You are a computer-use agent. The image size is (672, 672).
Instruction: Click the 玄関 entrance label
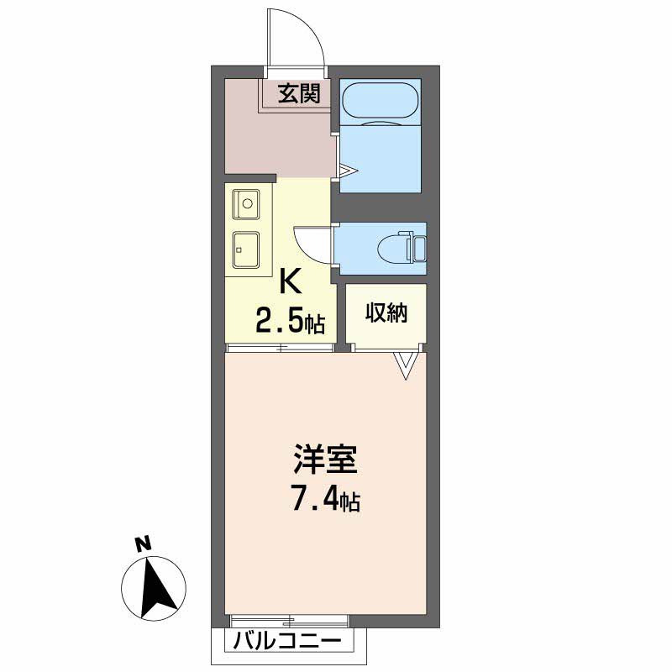[x=299, y=93]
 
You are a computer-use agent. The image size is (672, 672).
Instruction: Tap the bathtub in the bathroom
[x=381, y=102]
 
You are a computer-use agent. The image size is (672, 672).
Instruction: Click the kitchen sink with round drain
[x=246, y=204]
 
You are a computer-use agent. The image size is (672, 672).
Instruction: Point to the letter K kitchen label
[x=290, y=281]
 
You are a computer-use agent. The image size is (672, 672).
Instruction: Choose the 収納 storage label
[x=386, y=312]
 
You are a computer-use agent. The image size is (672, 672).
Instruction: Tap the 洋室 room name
[x=325, y=459]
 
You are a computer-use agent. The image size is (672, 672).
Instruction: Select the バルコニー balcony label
[x=287, y=642]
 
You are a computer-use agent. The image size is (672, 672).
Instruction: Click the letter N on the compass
[x=144, y=543]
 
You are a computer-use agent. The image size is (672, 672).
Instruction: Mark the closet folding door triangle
[x=406, y=365]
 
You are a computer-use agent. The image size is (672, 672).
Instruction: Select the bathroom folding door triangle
[x=348, y=171]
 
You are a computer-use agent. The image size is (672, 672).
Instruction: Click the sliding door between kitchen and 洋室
[x=280, y=348]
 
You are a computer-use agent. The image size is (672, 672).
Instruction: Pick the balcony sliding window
[x=289, y=620]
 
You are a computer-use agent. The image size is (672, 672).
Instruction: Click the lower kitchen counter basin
[x=246, y=249]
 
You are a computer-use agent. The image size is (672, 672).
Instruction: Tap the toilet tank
[x=419, y=248]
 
